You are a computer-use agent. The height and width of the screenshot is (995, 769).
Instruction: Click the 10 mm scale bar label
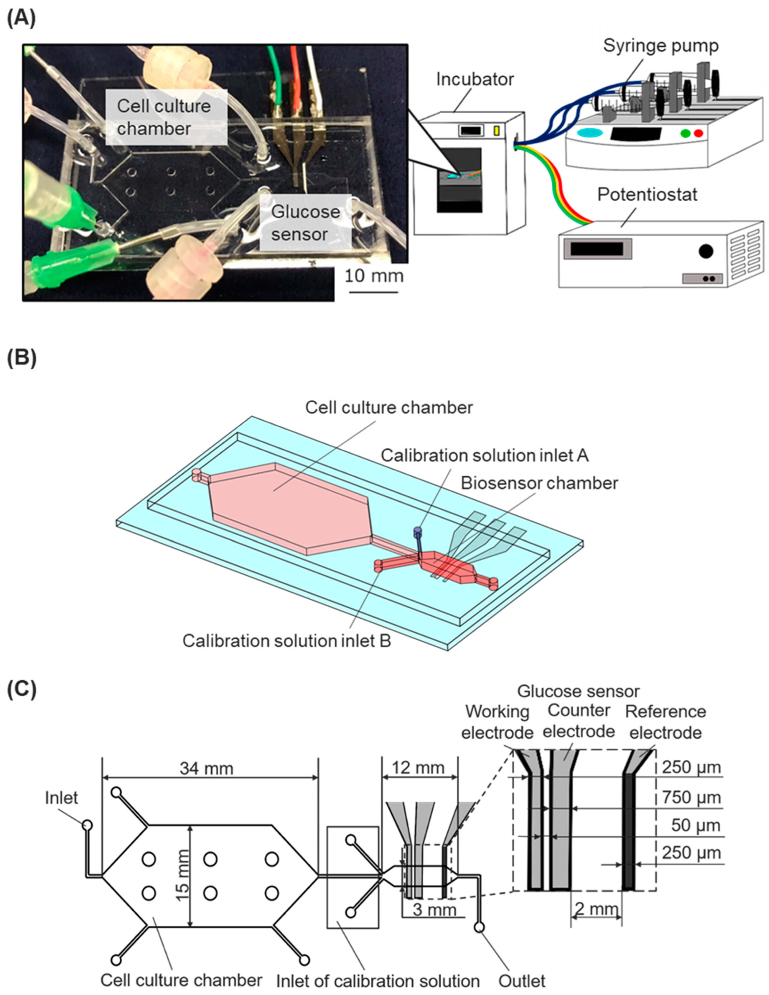coord(373,276)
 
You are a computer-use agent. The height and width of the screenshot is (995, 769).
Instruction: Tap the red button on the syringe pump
coord(698,133)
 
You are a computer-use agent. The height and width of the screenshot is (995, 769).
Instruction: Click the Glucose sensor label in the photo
coord(305,223)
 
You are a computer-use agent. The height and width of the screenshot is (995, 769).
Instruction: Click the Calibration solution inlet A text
coord(485,456)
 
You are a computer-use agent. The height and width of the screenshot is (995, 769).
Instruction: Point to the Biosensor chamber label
coord(539,483)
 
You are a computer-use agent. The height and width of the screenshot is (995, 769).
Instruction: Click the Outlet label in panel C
coord(522,980)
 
